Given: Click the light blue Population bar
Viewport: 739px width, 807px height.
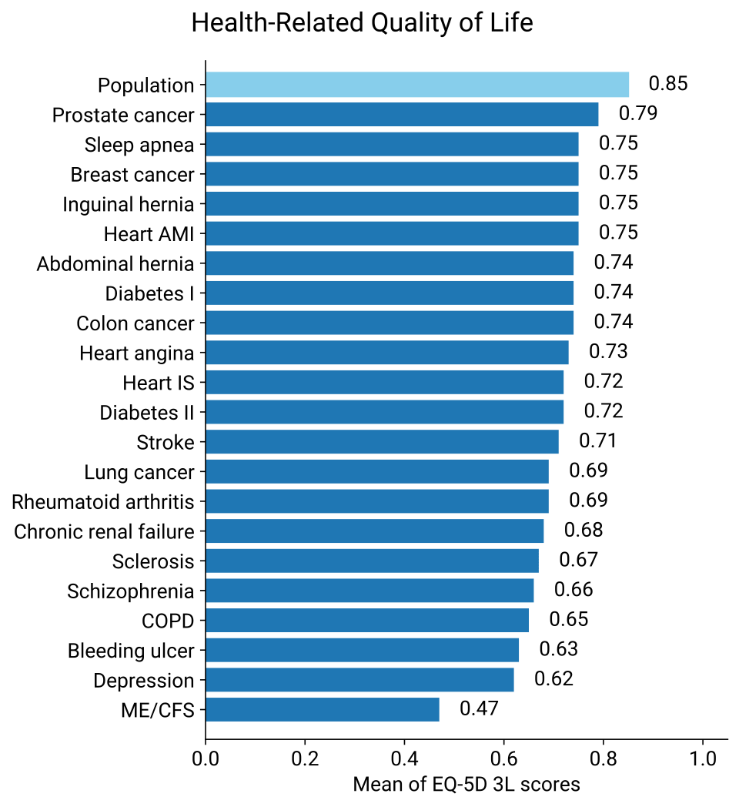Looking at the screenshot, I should click(x=416, y=84).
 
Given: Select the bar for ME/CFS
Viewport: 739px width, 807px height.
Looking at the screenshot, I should click(x=323, y=709).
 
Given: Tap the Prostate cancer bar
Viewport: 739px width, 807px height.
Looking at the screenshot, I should click(x=402, y=114).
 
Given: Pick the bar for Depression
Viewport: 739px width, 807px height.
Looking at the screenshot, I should click(x=359, y=680).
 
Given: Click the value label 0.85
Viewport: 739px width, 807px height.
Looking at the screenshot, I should click(x=668, y=84).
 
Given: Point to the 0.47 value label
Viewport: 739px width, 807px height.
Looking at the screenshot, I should click(x=479, y=708).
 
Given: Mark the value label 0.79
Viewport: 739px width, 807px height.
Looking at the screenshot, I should click(x=638, y=114).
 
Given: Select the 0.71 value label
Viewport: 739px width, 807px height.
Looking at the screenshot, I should click(x=597, y=441).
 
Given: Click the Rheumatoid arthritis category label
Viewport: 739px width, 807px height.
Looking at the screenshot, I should click(x=103, y=502).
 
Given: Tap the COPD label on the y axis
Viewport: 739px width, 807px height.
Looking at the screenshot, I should click(x=168, y=621).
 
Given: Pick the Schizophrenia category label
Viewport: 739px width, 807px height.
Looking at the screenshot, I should click(x=130, y=591).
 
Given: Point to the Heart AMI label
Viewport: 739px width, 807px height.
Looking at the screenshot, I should click(x=149, y=233).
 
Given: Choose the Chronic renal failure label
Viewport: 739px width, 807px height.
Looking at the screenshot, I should click(x=104, y=531).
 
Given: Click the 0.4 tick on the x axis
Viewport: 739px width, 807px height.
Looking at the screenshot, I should click(x=404, y=758).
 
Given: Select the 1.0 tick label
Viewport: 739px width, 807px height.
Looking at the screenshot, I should click(x=703, y=758).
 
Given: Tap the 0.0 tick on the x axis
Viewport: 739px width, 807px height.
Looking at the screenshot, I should click(x=206, y=758).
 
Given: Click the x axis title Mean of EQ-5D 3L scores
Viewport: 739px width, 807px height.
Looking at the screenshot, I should click(x=466, y=785).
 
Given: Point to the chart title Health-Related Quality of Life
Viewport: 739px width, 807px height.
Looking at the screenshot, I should click(x=362, y=23).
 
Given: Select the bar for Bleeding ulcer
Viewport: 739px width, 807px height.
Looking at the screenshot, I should click(x=362, y=650).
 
